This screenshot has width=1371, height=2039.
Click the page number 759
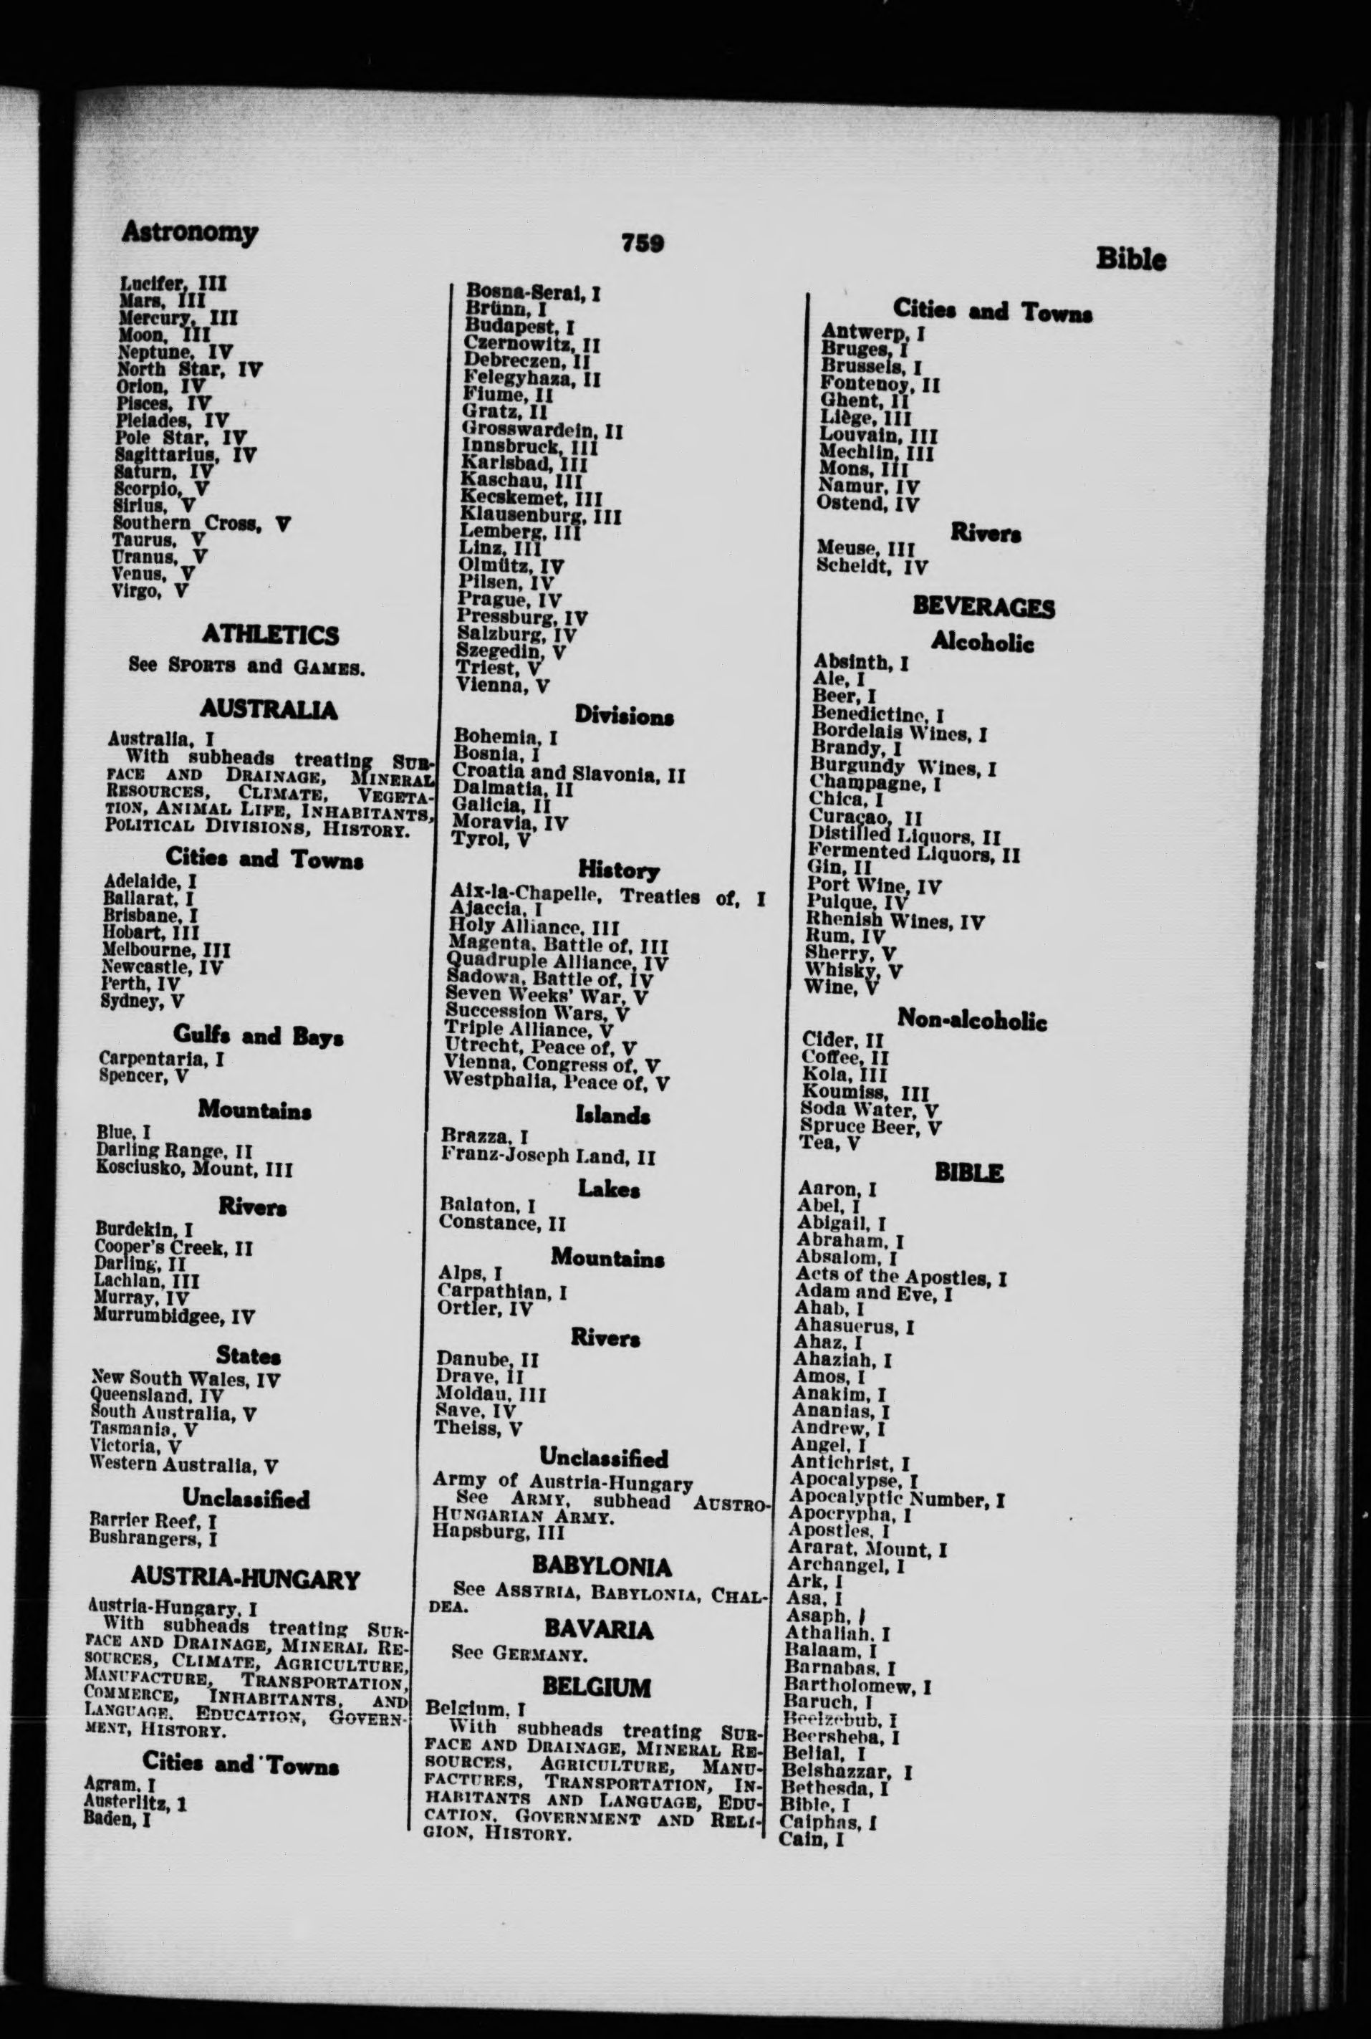pyautogui.click(x=643, y=243)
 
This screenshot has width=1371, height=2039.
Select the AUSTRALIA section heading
pyautogui.click(x=268, y=709)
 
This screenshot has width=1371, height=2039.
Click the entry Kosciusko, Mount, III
pyautogui.click(x=194, y=1169)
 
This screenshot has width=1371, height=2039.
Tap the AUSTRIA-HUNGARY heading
pyautogui.click(x=245, y=1579)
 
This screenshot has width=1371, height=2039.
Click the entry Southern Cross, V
pyautogui.click(x=202, y=524)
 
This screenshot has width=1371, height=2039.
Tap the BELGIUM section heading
pyautogui.click(x=596, y=1687)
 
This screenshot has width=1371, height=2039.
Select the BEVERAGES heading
pyautogui.click(x=983, y=607)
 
